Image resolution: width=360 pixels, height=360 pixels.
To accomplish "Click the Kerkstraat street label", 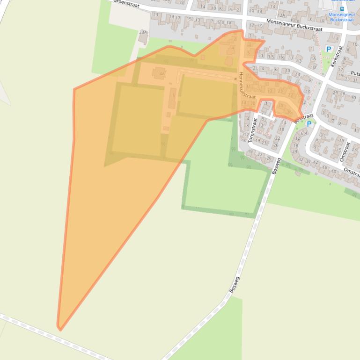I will [x=337, y=56].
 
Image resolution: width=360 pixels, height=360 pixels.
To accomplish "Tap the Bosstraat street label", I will [x=303, y=117].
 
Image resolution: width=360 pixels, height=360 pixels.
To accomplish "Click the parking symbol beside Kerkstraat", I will [x=329, y=49].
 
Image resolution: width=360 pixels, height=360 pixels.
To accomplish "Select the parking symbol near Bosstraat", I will [x=309, y=124].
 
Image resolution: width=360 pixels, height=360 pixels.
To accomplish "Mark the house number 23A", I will [x=143, y=32].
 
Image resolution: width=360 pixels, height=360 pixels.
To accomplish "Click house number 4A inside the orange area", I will [x=162, y=73].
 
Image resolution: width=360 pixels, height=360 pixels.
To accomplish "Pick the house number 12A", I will [x=281, y=15].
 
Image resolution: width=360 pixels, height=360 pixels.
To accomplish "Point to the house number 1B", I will [x=313, y=67].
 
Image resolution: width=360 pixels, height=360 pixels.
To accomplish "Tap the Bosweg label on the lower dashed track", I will [x=235, y=285].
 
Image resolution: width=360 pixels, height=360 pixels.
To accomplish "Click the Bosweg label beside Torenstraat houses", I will [x=276, y=166].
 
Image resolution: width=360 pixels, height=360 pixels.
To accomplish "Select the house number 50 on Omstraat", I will [x=333, y=172].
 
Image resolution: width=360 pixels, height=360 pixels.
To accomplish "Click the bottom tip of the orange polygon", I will [x=60, y=329].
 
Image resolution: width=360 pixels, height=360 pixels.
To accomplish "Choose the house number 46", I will [x=324, y=167].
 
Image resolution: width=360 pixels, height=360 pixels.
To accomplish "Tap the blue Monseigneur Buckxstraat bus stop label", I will [x=342, y=17].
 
